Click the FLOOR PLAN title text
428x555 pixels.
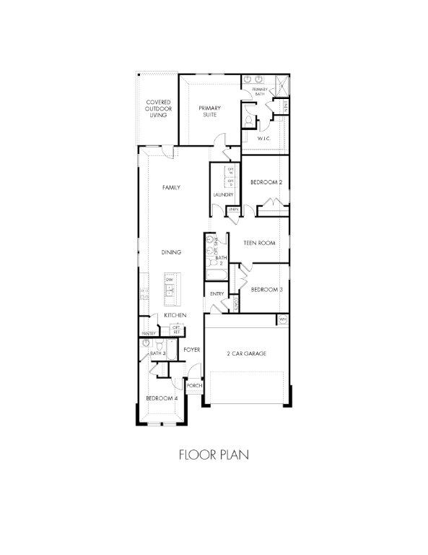pos(214,455)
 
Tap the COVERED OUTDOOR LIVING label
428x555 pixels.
pos(158,108)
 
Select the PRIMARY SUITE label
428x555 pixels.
pos(210,111)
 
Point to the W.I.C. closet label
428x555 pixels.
pos(264,137)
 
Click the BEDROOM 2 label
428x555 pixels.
pos(266,182)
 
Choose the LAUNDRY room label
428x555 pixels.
pos(222,195)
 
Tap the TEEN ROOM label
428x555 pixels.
pos(260,243)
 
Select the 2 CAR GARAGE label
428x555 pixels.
pos(247,353)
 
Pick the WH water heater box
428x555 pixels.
pos(283,319)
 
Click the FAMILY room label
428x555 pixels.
pos(170,187)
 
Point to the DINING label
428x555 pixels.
pos(170,251)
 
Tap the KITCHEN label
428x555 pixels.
pos(175,316)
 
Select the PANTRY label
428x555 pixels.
pos(149,333)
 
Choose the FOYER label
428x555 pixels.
pos(191,349)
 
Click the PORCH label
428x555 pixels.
pos(193,386)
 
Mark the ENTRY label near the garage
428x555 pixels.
pos(217,294)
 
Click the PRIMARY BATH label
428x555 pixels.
pos(260,91)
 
